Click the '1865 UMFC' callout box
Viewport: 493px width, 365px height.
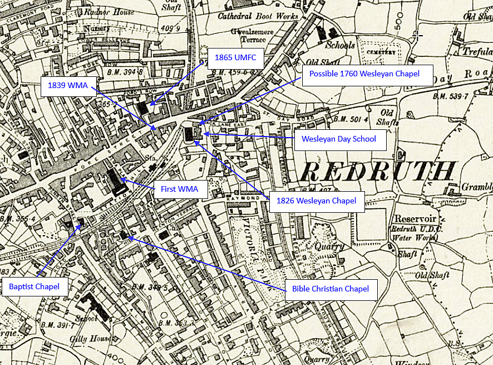235,58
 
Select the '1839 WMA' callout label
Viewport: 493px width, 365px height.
68,86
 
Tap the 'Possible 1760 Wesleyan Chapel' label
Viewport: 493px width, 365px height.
367,74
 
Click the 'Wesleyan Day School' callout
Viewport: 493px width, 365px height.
339,139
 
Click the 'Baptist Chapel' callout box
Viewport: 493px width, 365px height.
34,288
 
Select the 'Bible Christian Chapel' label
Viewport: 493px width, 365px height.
331,289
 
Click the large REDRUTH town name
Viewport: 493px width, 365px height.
377,171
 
